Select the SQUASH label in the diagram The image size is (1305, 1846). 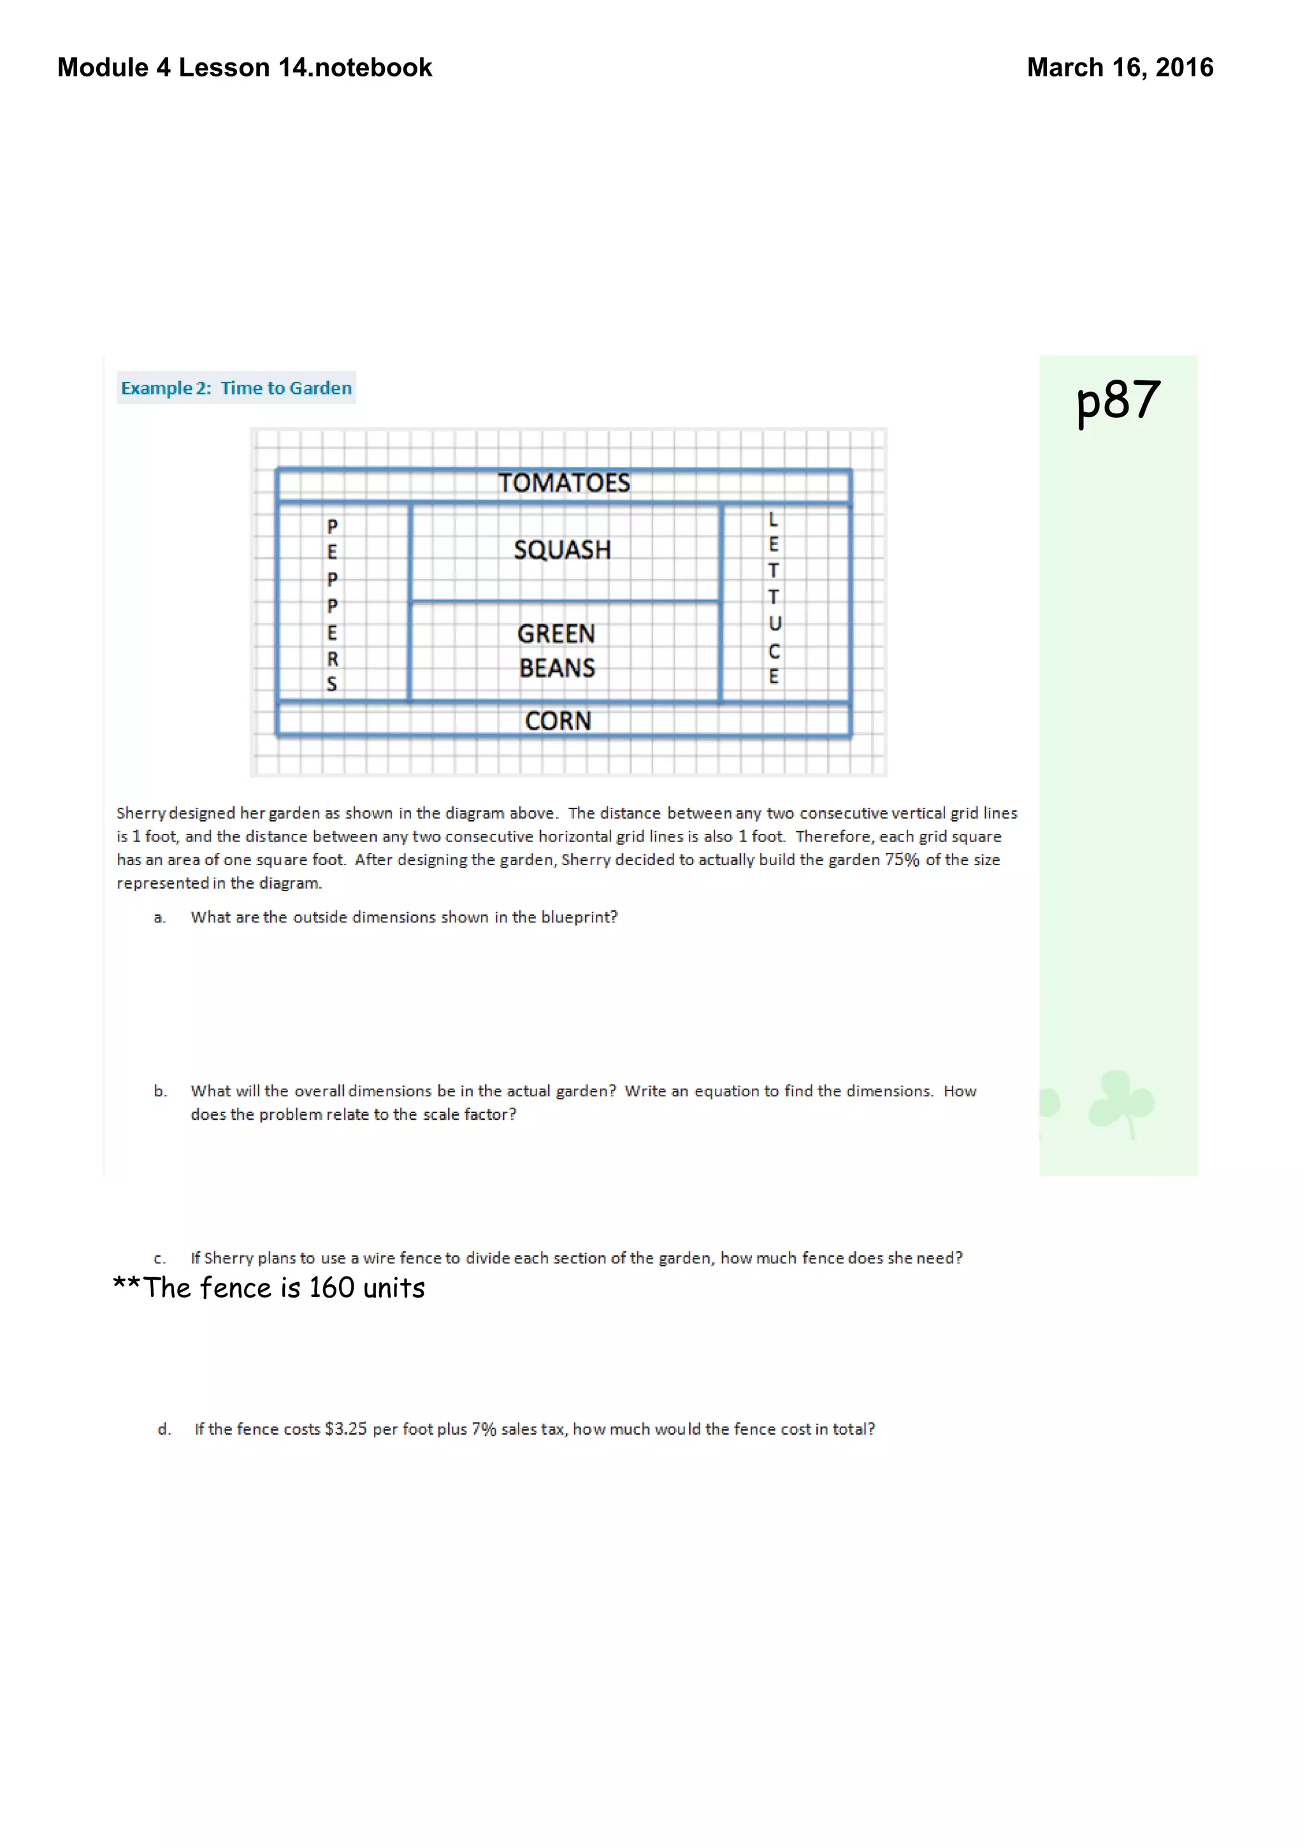click(562, 550)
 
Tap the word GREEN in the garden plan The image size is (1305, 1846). click(556, 634)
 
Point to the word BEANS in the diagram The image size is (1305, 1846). click(556, 668)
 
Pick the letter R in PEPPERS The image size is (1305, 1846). click(332, 659)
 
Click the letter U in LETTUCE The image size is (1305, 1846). click(774, 624)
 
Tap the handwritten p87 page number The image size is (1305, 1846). click(1118, 401)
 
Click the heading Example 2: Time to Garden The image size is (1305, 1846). click(236, 389)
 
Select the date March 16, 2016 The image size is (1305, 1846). click(1120, 68)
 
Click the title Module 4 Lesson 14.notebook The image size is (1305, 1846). click(245, 68)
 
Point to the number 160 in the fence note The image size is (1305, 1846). click(331, 1288)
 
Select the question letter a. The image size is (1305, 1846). click(159, 918)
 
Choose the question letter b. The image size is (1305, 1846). click(160, 1091)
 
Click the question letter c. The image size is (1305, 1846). click(159, 1259)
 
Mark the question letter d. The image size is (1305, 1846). click(164, 1429)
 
